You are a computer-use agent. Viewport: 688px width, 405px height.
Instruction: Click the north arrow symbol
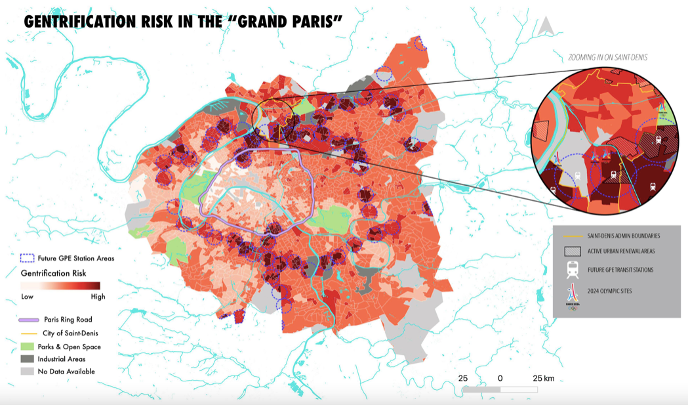545,26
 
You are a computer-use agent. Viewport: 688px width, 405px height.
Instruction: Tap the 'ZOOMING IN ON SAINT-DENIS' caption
607,58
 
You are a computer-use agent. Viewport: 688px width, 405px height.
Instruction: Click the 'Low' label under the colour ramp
28,297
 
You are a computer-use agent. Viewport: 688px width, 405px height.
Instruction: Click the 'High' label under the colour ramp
98,297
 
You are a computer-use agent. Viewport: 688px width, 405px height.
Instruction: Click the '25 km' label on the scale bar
544,379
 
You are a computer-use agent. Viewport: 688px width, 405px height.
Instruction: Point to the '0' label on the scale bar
500,379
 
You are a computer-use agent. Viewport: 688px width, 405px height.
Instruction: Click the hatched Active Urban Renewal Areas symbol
573,251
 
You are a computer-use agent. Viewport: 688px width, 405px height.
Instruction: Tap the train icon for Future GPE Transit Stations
573,270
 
